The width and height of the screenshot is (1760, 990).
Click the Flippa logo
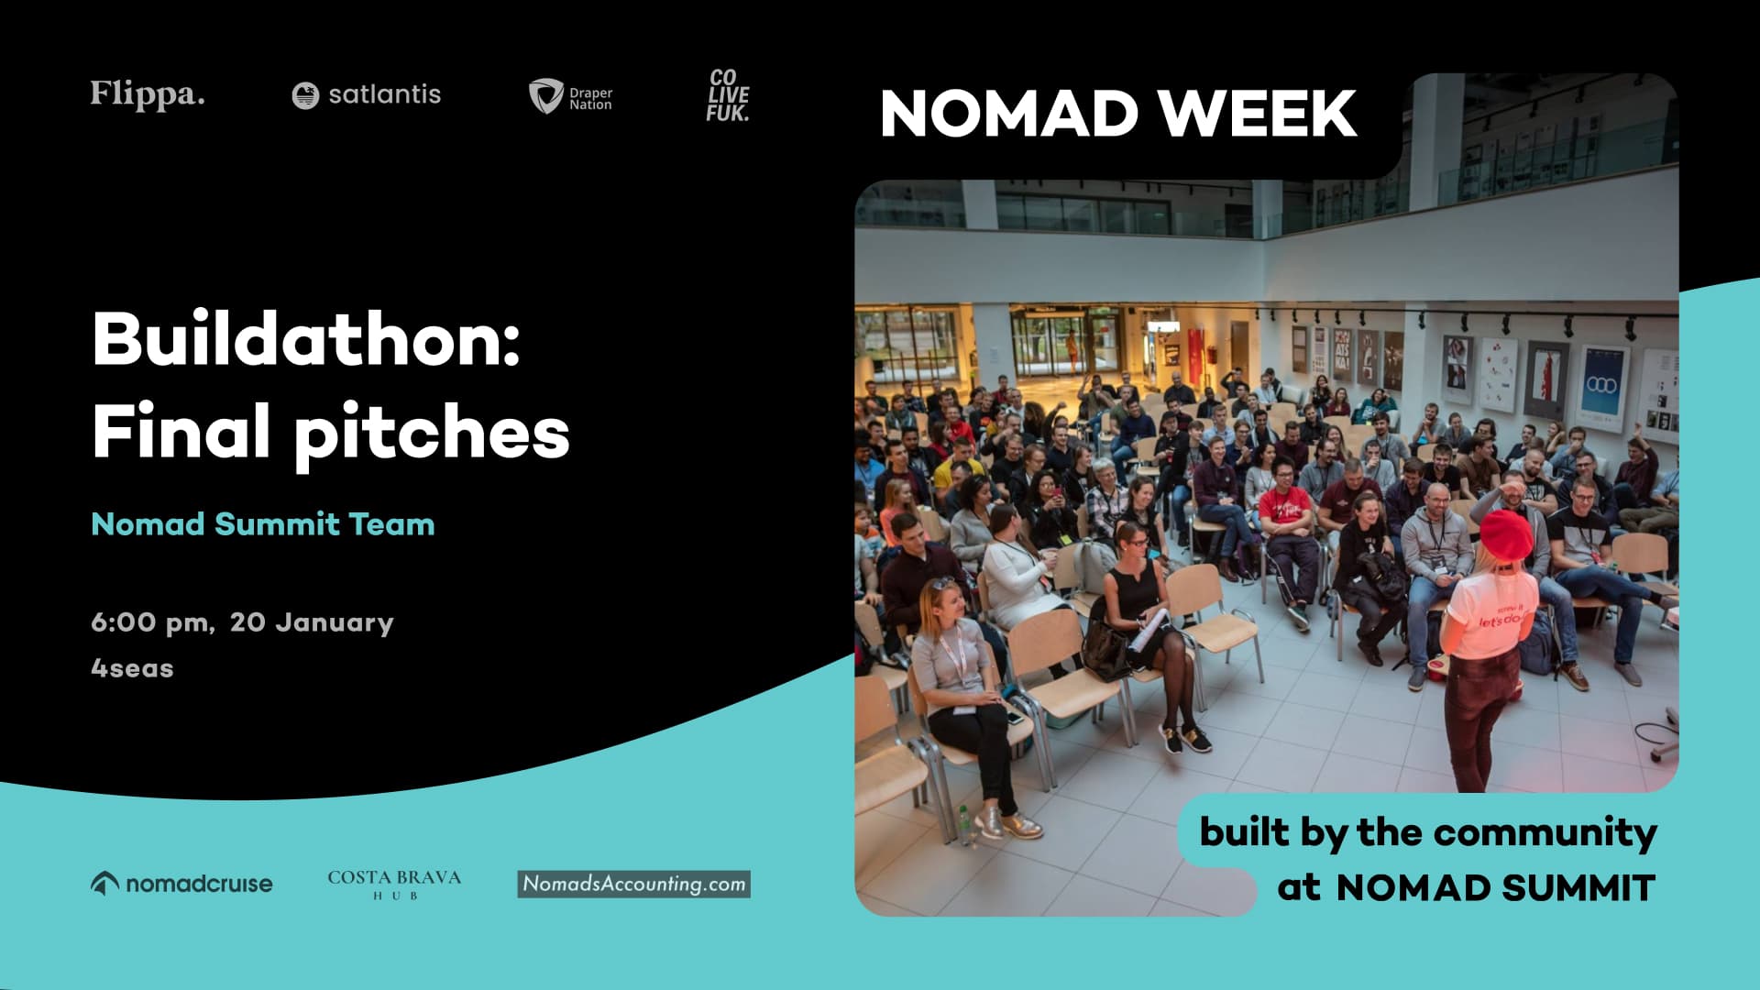(x=147, y=94)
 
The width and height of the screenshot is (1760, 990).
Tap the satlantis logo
(x=366, y=94)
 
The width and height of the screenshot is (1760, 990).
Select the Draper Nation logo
(x=570, y=96)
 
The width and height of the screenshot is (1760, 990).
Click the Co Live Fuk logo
(x=728, y=95)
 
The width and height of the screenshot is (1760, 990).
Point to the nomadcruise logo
(x=181, y=884)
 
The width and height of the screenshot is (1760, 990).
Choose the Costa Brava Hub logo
(x=394, y=884)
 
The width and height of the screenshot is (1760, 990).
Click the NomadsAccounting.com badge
(x=633, y=884)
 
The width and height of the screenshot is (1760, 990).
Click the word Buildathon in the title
(x=306, y=339)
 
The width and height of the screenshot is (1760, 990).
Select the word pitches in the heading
(x=432, y=432)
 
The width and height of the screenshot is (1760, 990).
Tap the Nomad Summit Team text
(x=263, y=524)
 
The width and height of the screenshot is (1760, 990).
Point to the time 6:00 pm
(x=150, y=622)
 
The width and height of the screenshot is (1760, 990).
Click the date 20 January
(x=312, y=622)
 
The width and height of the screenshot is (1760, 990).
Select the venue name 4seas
(x=132, y=668)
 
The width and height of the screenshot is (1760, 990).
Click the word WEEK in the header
(x=1257, y=114)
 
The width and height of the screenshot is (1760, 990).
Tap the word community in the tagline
(x=1545, y=832)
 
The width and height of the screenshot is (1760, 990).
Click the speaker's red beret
(x=1506, y=534)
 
